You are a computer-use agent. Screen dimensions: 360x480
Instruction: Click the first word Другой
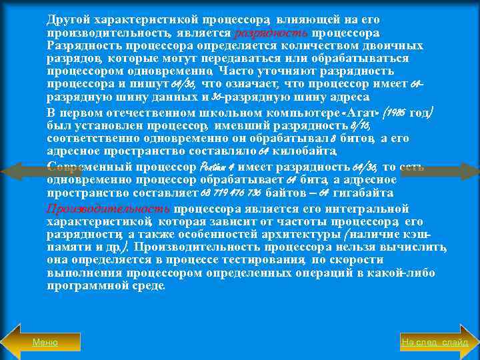coord(67,20)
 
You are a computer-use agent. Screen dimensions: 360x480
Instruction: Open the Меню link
coord(45,342)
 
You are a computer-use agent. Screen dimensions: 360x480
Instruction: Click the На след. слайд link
coord(435,342)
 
